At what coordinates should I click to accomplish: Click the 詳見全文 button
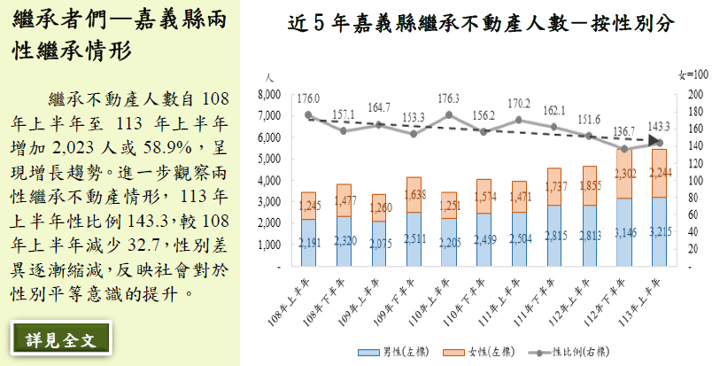59,339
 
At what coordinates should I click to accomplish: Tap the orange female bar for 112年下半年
623,176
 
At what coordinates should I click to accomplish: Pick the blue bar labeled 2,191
308,242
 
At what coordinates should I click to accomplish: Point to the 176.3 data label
448,98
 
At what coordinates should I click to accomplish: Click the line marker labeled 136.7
623,149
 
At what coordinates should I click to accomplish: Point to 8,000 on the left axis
269,94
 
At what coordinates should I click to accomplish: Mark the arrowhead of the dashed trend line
656,141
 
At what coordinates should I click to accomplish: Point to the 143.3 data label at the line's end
659,127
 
